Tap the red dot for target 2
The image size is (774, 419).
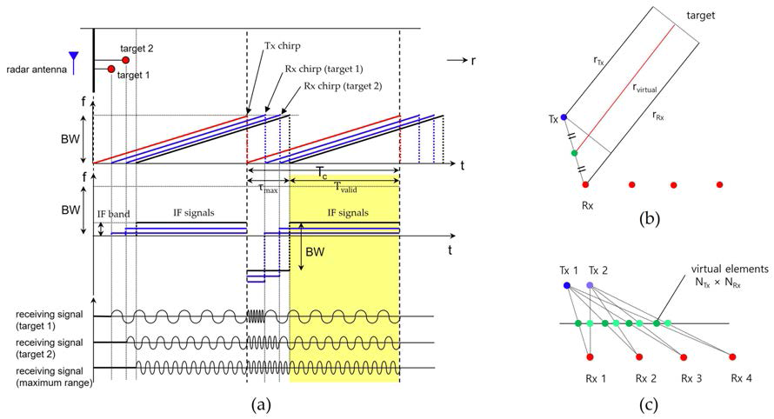tap(126, 60)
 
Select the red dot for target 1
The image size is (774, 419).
tap(111, 69)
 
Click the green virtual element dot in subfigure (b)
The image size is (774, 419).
tap(574, 153)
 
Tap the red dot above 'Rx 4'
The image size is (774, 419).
tap(732, 356)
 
